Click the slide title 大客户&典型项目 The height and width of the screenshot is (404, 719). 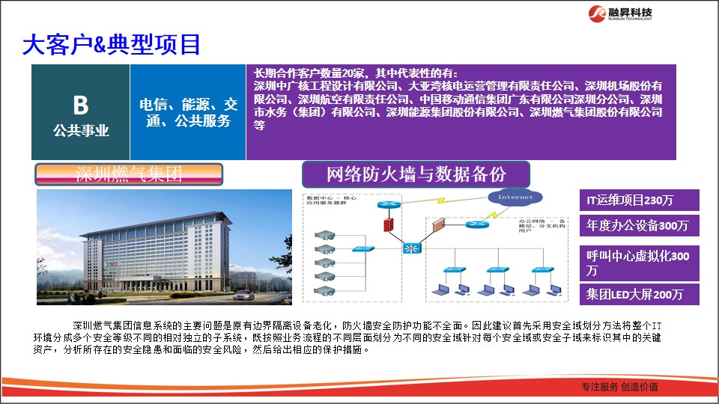(x=112, y=45)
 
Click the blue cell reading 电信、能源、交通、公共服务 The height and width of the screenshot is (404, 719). (x=188, y=111)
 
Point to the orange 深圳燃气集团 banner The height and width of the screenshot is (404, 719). (x=130, y=175)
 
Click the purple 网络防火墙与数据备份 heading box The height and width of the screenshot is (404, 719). (x=416, y=175)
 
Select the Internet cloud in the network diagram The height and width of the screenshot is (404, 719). (x=515, y=198)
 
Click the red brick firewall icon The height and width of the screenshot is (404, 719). (x=388, y=224)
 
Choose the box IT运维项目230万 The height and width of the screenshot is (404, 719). (x=640, y=201)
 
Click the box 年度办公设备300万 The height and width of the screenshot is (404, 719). (x=640, y=225)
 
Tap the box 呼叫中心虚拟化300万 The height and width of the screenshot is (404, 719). (x=640, y=263)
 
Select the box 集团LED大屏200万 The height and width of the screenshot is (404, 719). (x=640, y=294)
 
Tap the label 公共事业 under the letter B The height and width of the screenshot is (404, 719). (x=81, y=131)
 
